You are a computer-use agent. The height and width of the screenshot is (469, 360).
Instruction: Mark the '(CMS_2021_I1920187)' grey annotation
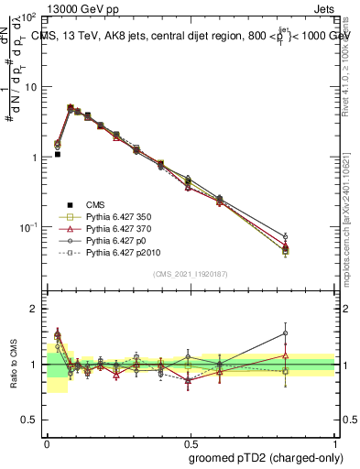pyautogui.click(x=191, y=274)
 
